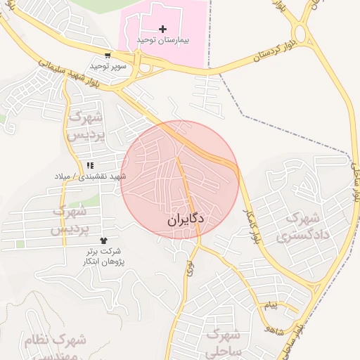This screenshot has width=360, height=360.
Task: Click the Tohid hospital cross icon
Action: coord(163,29)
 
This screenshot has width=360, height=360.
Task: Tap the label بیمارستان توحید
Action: coord(163,41)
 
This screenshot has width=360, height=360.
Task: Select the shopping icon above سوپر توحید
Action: coord(107,55)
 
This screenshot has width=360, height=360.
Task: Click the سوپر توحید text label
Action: coord(108,66)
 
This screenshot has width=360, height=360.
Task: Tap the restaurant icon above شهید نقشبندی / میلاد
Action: coord(89,165)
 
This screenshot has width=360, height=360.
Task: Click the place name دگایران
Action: coord(186,219)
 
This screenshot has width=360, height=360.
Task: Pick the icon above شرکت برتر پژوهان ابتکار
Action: coord(105,241)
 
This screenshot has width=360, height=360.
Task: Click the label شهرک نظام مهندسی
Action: coord(56,347)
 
